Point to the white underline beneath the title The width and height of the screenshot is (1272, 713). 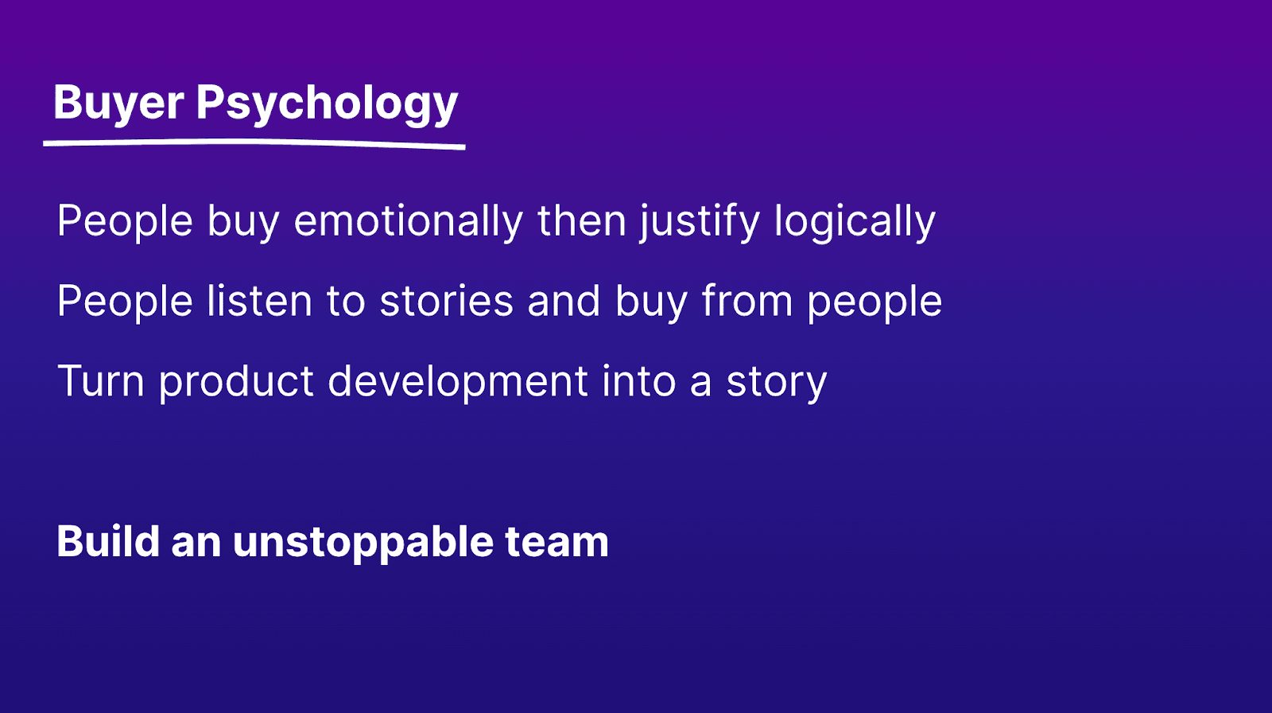254,143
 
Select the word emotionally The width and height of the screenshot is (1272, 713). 409,221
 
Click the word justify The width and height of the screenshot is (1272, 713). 700,221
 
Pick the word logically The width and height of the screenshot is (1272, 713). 855,221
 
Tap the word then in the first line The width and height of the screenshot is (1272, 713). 581,220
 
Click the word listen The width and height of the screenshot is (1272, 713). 259,301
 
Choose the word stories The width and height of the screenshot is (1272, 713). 446,302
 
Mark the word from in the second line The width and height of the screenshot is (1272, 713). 747,301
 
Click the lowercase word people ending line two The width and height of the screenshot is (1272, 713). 874,302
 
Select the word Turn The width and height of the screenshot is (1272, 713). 100,381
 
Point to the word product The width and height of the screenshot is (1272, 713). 236,383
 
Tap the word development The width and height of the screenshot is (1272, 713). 458,383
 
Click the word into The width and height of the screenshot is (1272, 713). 639,381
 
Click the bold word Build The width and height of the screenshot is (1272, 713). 108,541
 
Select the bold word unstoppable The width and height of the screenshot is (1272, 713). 363,543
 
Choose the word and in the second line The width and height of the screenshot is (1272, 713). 564,301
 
